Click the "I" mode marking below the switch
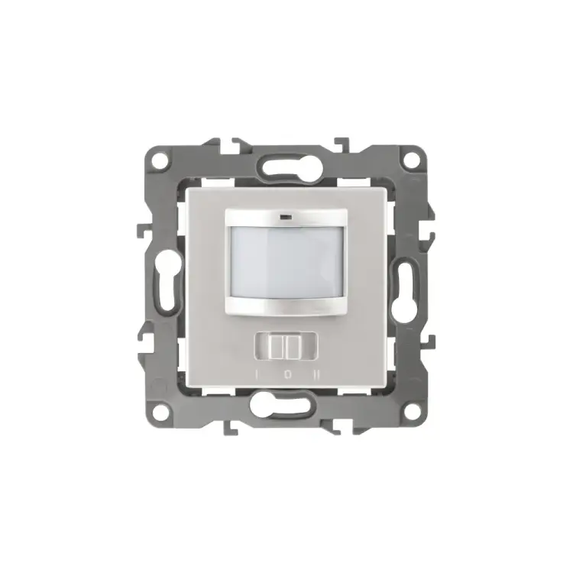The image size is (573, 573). pos(257,374)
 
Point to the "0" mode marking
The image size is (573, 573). pos(288,374)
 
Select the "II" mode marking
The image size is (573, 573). pos(317,374)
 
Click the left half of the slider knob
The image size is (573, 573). pos(277,346)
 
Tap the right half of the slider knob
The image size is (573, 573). pos(293,346)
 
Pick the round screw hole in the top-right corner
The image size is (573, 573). pos(413,160)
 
